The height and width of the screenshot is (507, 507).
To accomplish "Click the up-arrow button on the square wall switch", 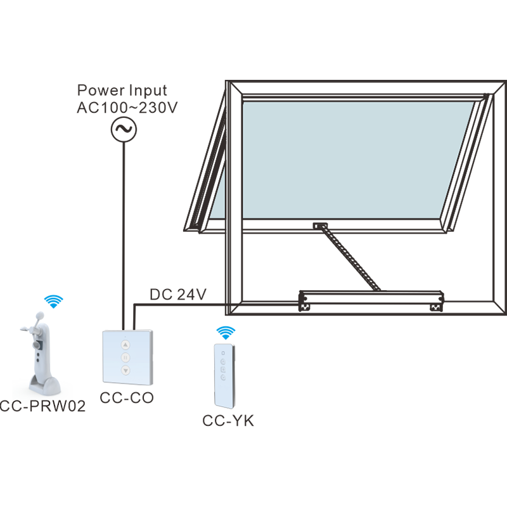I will pos(125,345).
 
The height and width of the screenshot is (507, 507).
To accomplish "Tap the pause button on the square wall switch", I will pos(125,358).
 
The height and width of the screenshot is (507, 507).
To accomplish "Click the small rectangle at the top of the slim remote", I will pos(222,352).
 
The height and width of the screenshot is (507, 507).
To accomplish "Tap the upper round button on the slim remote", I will pos(223,362).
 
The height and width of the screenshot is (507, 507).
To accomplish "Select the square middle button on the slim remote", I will pos(223,369).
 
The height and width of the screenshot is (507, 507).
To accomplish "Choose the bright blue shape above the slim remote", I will pos(222,328).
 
